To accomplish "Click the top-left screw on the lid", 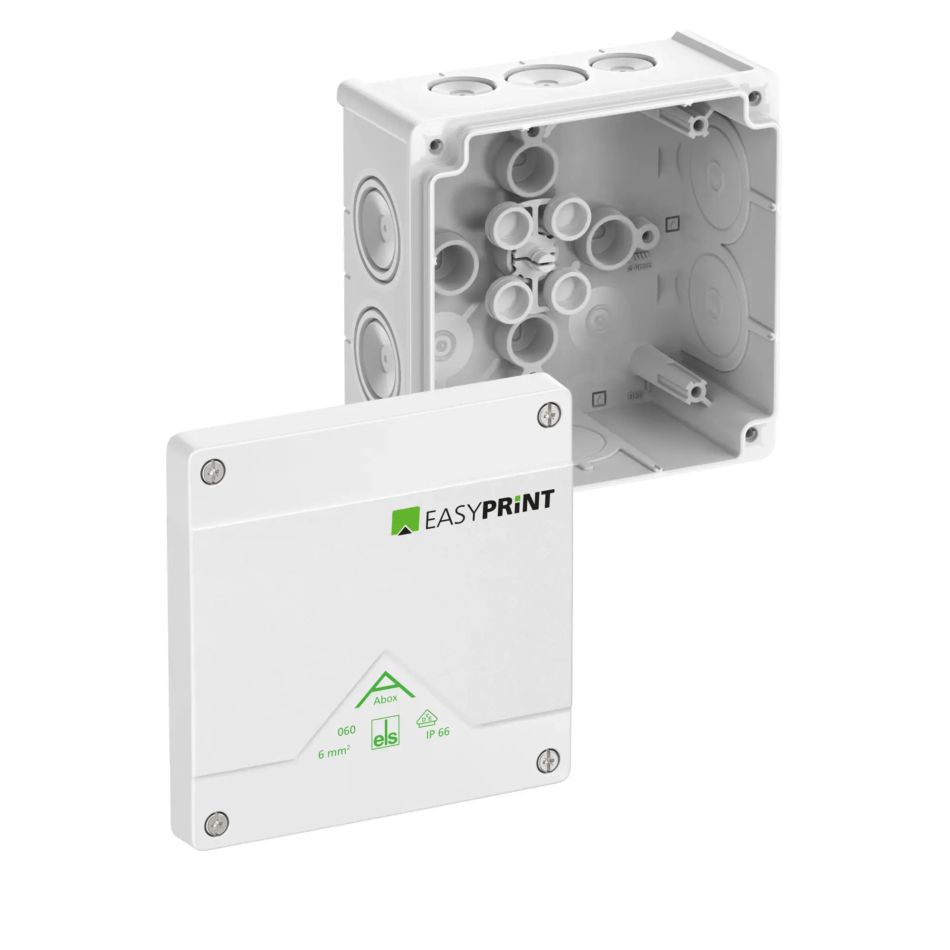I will (x=214, y=472).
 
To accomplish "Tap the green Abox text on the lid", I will (x=386, y=699).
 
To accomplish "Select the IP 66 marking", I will (x=437, y=732).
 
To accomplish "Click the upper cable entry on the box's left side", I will (x=378, y=230).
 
